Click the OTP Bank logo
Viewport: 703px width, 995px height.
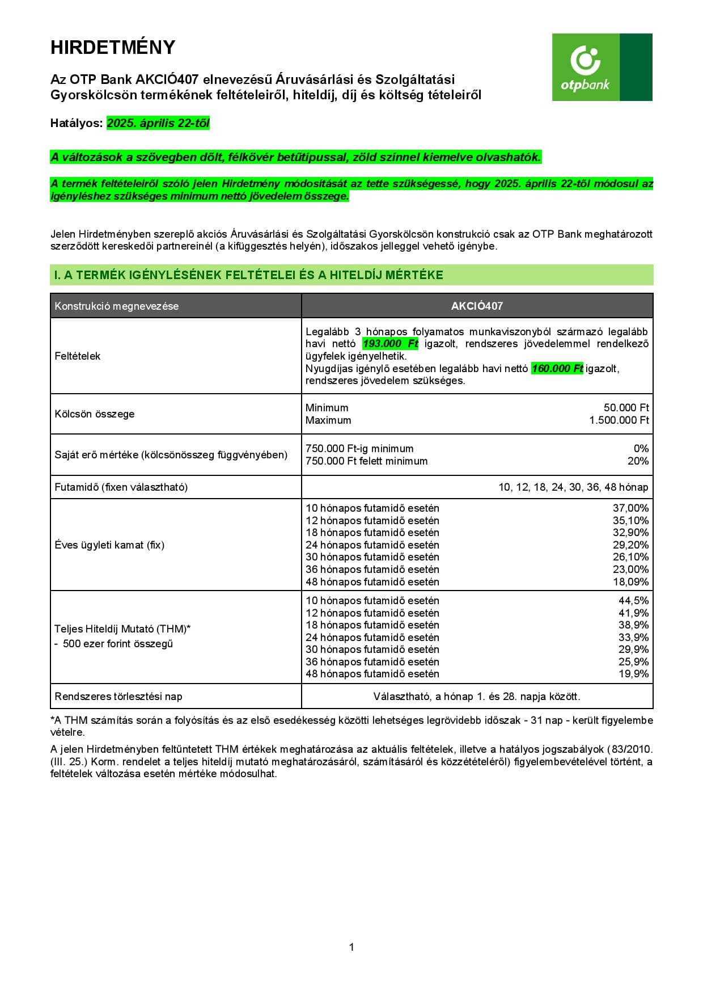tap(602, 67)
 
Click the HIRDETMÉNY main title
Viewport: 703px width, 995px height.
tap(113, 47)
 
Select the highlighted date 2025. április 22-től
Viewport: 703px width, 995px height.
tap(158, 123)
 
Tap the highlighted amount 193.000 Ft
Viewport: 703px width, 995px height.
tap(390, 344)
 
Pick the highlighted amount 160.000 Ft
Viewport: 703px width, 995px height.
tap(557, 369)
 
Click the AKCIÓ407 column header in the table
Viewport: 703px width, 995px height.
tap(477, 306)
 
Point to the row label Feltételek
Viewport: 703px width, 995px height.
tap(78, 356)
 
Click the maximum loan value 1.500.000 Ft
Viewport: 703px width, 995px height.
tap(619, 420)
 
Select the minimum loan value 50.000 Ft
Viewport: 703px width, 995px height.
tap(626, 408)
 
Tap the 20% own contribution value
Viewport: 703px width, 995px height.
tap(638, 461)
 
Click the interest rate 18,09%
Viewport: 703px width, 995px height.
tap(630, 582)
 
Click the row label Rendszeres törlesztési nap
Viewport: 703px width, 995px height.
tap(118, 697)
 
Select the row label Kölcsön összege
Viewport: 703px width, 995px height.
tap(95, 414)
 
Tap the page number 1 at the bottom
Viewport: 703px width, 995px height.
tap(351, 947)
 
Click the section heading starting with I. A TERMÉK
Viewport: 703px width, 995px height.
tap(248, 275)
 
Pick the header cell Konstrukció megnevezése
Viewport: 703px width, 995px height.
tap(117, 306)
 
